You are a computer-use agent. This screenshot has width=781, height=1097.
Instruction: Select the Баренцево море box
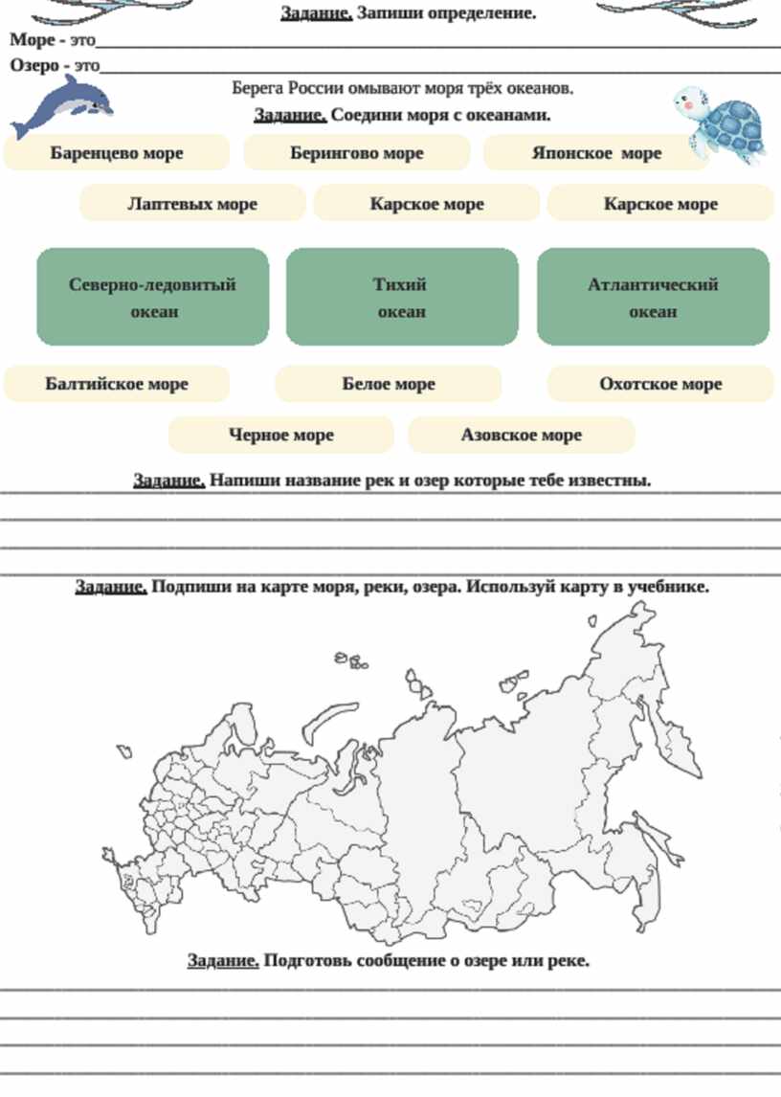click(117, 153)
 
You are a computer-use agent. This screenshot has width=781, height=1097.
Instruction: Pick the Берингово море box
click(357, 153)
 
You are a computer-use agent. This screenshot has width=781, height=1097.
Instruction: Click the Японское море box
click(595, 153)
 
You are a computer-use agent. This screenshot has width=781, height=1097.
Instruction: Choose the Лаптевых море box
click(192, 204)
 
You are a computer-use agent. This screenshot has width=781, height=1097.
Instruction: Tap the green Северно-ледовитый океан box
click(153, 298)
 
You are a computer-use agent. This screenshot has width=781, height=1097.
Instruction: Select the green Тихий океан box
click(402, 298)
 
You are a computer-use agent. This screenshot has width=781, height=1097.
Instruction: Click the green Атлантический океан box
click(653, 298)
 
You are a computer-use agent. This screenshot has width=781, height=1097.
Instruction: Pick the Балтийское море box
click(117, 384)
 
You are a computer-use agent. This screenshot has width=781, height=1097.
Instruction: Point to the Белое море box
click(389, 384)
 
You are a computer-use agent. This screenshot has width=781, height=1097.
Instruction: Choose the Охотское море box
click(660, 384)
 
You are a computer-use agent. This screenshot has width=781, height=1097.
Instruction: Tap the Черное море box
click(281, 435)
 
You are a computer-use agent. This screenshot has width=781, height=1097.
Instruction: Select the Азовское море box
click(522, 435)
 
